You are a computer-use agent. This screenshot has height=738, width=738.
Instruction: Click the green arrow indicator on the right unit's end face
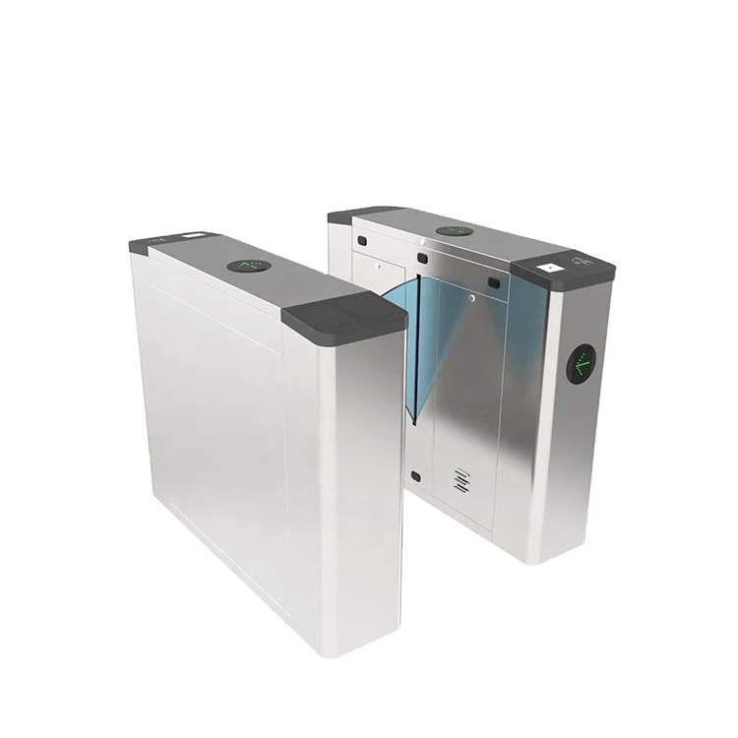(x=582, y=364)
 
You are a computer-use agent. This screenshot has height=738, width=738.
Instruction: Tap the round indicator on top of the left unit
(x=248, y=266)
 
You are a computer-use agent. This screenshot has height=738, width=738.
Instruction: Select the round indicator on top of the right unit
(x=455, y=231)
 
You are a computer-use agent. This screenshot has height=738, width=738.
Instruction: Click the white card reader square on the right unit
(x=548, y=266)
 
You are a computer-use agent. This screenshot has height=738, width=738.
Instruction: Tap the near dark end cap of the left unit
(x=344, y=316)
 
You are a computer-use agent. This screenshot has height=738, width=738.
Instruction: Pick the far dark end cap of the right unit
(x=359, y=214)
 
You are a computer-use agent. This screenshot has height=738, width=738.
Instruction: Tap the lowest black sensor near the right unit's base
(x=415, y=476)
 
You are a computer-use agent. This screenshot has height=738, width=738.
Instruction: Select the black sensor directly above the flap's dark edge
(x=421, y=258)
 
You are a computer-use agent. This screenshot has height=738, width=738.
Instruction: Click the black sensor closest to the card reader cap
(x=495, y=283)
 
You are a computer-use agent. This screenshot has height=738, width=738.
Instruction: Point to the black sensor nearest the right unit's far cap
(x=361, y=239)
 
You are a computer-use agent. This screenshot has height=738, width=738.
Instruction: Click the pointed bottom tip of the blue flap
(x=417, y=423)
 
